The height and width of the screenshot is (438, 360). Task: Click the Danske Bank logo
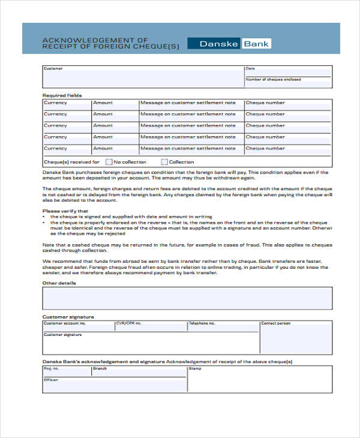tap(229, 43)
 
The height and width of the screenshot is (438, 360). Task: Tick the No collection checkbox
tap(109, 162)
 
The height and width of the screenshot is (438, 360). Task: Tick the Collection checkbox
tap(164, 162)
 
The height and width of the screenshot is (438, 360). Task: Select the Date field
tap(287, 72)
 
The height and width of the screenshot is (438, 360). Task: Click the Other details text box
tap(187, 298)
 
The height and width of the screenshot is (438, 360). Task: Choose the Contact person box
tap(296, 340)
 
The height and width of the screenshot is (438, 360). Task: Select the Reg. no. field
tap(66, 372)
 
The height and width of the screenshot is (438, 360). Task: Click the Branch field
tap(138, 372)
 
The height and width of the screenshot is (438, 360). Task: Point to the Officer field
tap(114, 385)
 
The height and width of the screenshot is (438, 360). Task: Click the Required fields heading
tap(62, 95)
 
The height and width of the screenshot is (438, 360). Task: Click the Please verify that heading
tap(65, 211)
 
